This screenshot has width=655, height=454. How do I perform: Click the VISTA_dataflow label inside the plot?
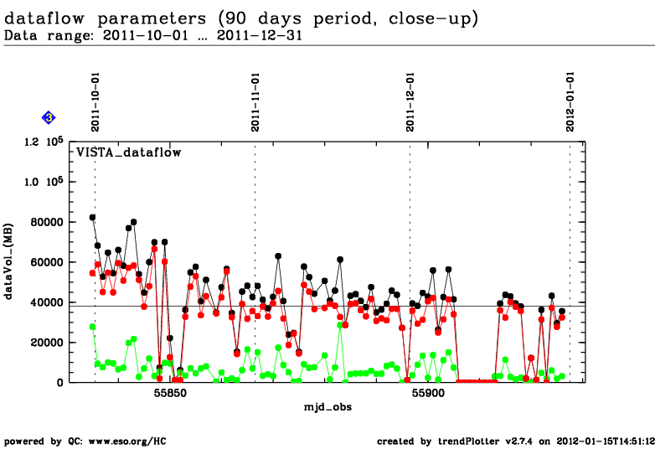point(129,152)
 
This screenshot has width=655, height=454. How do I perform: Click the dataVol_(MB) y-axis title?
point(10,262)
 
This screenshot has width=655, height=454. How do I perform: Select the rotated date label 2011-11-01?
point(255,101)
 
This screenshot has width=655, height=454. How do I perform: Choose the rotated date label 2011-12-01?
point(410,101)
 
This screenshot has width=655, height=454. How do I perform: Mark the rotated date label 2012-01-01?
point(570,101)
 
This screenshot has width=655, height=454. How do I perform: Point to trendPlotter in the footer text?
point(472,441)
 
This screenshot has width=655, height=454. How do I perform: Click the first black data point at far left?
point(92,217)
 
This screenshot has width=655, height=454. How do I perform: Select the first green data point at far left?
point(92,327)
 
